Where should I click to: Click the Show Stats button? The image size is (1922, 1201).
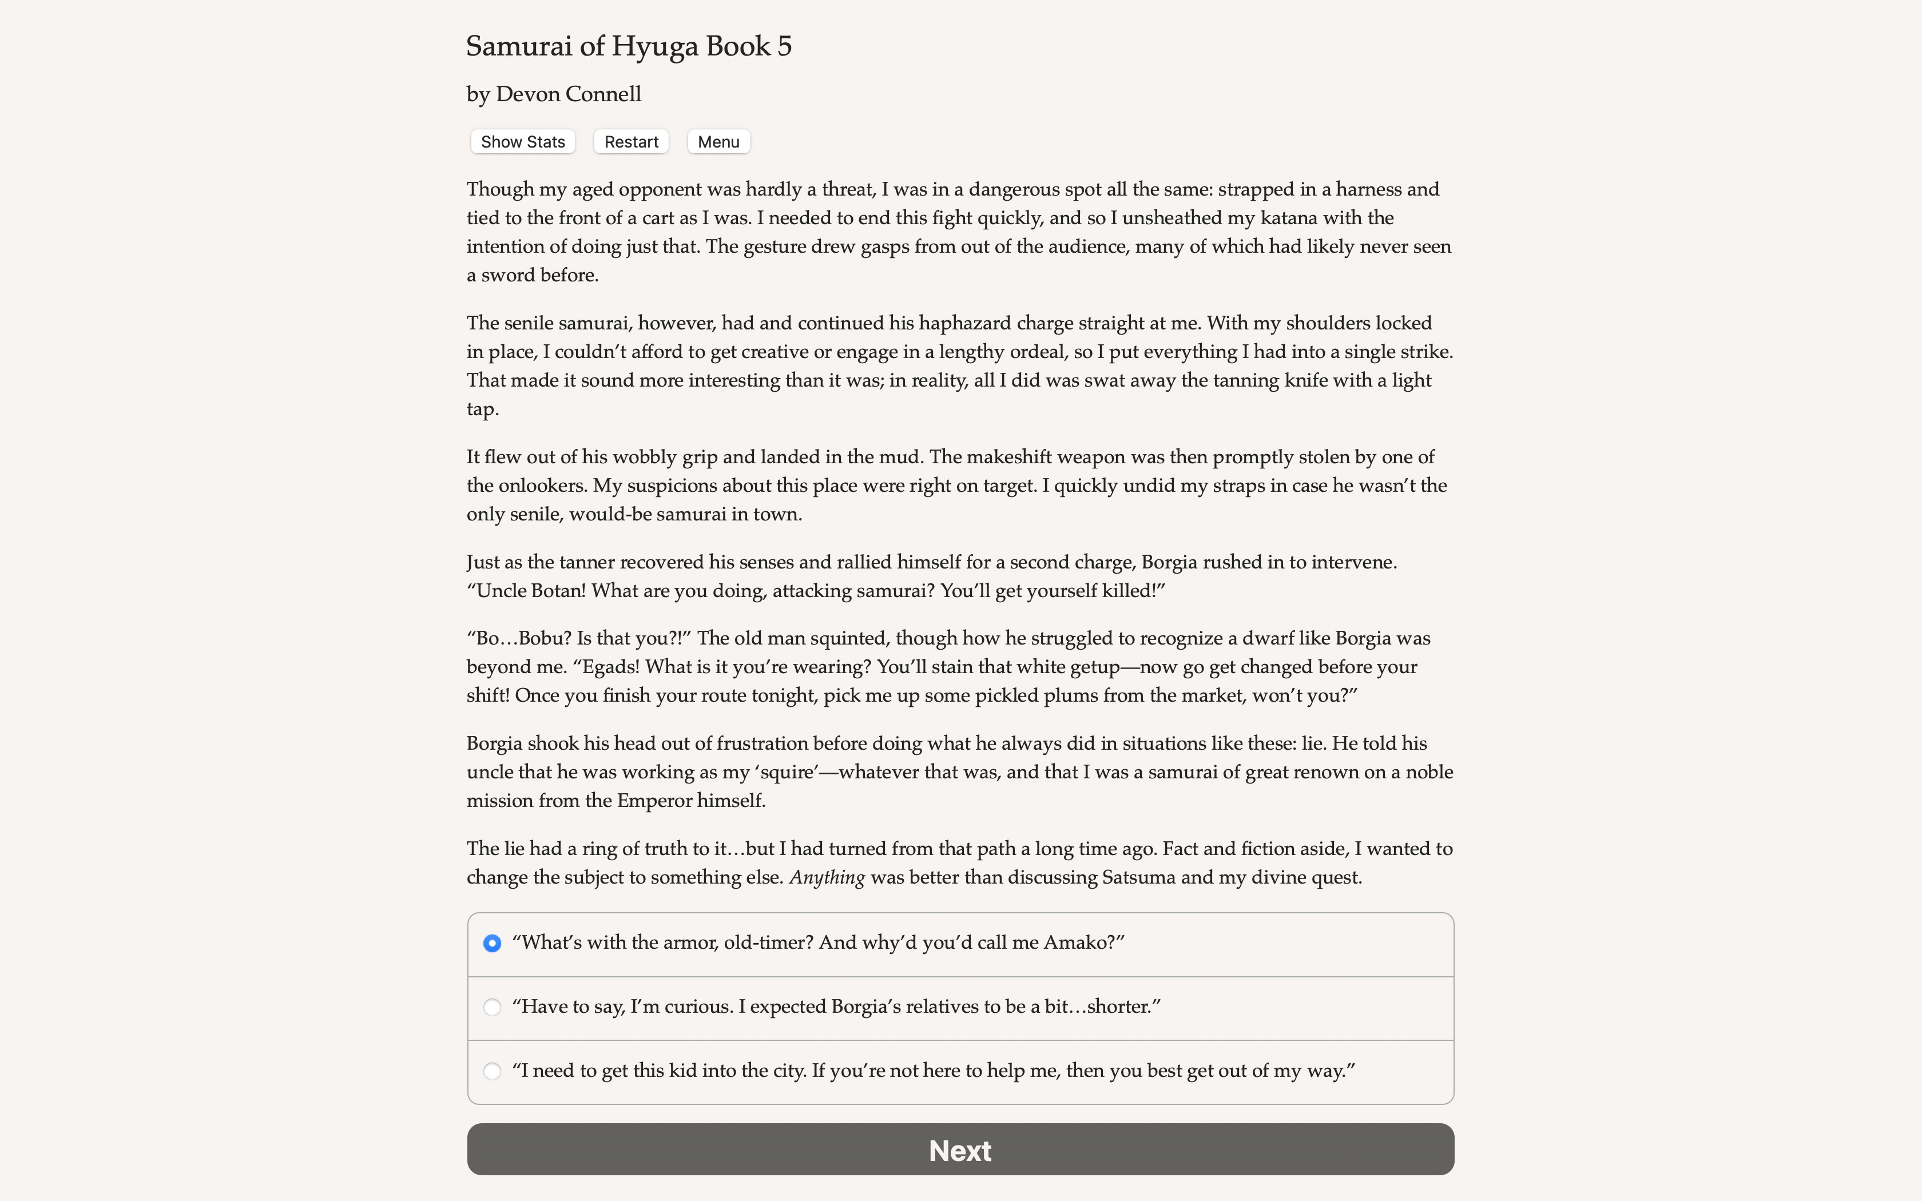click(x=523, y=141)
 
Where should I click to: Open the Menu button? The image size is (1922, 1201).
click(x=718, y=141)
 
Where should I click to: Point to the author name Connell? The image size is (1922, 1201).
click(x=603, y=94)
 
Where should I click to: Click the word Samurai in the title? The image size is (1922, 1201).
click(x=519, y=46)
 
